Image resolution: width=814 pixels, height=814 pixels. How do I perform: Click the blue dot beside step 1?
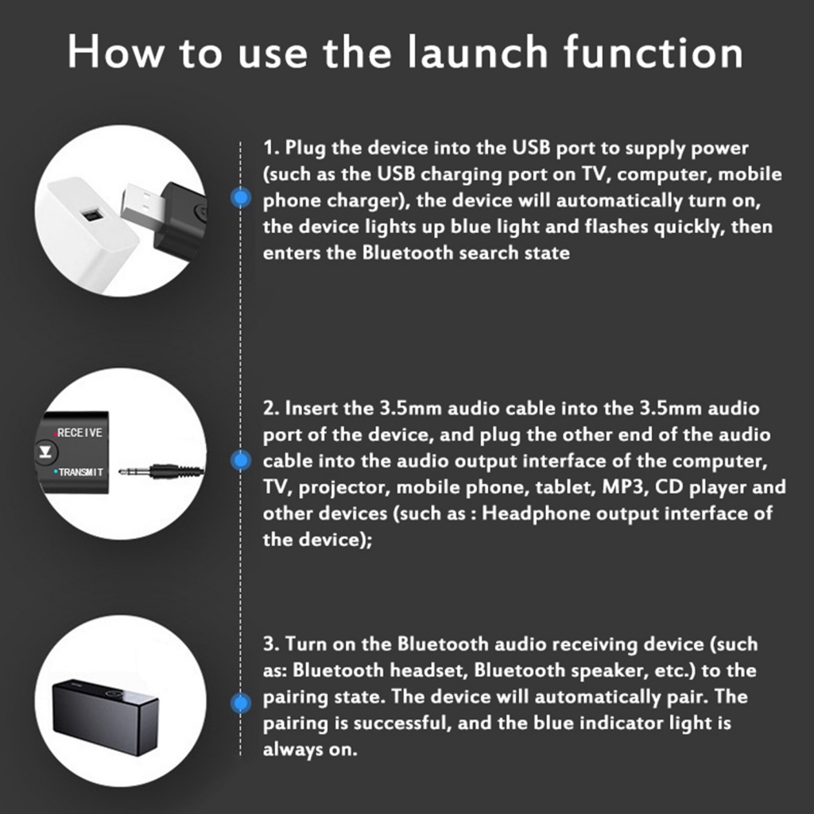point(240,199)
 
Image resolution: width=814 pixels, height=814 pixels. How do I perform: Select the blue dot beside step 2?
point(240,460)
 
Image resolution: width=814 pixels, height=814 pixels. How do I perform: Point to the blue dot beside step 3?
point(240,702)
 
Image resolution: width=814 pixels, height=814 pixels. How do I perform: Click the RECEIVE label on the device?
point(79,432)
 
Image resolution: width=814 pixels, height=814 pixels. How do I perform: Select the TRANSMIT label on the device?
point(79,472)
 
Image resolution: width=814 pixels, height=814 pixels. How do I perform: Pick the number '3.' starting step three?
point(271,644)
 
